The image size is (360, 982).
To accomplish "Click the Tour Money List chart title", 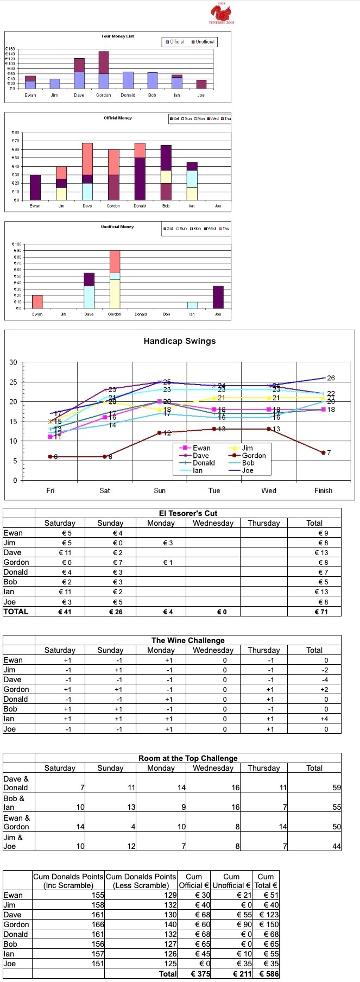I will tap(117, 36).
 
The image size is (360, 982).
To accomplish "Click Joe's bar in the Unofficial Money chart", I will tap(218, 297).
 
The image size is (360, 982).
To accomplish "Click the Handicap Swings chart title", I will tap(179, 341).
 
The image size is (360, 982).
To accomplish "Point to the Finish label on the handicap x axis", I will tap(323, 490).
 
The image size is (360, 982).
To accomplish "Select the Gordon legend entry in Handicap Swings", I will tap(250, 456).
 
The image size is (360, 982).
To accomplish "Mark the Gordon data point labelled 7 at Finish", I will tap(324, 452).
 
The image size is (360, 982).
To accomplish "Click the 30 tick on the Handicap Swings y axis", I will tap(13, 362).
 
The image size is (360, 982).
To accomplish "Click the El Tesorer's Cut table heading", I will tap(188, 513).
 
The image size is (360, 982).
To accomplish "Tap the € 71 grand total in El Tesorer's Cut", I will tap(323, 612).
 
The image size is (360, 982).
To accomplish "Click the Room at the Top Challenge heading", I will tap(188, 758).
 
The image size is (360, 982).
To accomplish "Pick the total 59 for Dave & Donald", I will tap(336, 788).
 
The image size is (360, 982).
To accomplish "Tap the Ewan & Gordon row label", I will tap(17, 822).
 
